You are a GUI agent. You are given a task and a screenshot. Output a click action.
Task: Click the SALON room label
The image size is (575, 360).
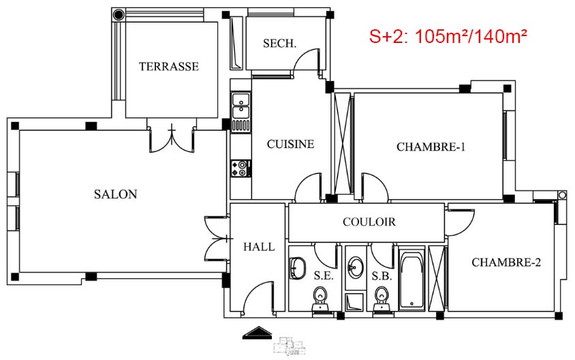pos(116,194)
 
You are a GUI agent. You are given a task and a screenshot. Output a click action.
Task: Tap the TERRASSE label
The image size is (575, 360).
pos(169,66)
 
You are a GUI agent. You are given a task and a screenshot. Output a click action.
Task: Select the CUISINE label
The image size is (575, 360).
pos(290,144)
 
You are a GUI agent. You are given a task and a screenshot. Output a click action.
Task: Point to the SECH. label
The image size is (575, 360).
pos(279,44)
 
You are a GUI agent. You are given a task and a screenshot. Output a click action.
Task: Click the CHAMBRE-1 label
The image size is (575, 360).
pos(431,147)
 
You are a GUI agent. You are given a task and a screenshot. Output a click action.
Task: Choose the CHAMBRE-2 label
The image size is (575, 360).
pos(506,262)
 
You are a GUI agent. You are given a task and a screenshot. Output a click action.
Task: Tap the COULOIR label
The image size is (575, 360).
pos(369,222)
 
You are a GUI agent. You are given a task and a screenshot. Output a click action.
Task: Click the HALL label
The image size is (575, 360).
pos(259,247)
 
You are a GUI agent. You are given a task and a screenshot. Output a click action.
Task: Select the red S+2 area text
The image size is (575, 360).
pos(448,36)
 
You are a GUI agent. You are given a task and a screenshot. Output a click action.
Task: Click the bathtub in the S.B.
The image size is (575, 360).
pos(411,280)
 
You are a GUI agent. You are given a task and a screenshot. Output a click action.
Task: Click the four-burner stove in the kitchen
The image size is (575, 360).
pos(240,168)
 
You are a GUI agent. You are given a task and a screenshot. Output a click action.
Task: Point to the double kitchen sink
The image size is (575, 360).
pos(240,105)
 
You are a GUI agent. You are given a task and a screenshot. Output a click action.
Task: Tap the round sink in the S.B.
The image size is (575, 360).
pos(355,267)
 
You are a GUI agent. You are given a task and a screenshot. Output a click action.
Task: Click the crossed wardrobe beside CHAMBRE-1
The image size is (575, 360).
pos(343,143)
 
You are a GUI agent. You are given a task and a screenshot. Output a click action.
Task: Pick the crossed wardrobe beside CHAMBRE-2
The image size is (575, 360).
pos(437,279)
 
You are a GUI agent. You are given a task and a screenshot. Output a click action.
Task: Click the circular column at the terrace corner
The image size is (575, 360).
pos(119,15)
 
